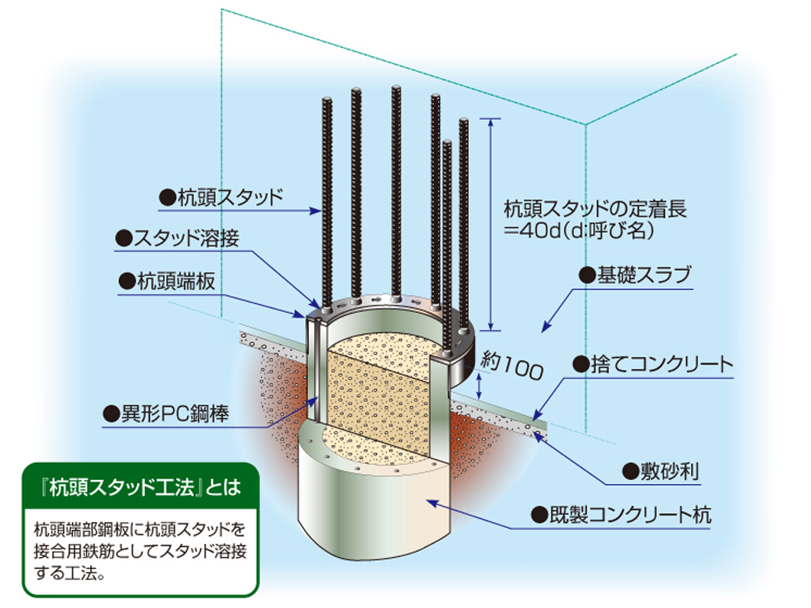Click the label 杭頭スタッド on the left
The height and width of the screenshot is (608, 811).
click(x=230, y=195)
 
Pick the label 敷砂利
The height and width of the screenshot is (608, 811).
click(x=653, y=470)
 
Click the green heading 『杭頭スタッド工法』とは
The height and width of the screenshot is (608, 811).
click(x=144, y=487)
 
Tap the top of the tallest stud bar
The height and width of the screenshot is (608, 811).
click(x=396, y=88)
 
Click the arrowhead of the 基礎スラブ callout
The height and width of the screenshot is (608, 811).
click(x=545, y=328)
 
